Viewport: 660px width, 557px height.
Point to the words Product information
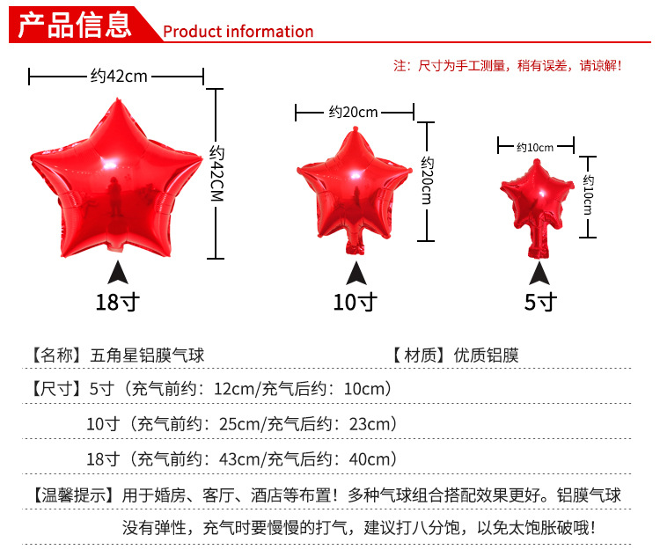pyautogui.click(x=238, y=32)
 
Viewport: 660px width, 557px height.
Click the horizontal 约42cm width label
pyautogui.click(x=119, y=77)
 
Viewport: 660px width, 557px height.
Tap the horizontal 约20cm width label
pyautogui.click(x=353, y=112)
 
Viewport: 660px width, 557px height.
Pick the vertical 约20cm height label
pyautogui.click(x=427, y=180)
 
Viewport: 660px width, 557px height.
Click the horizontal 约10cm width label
pyautogui.click(x=535, y=147)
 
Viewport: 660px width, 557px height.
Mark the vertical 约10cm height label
pyautogui.click(x=588, y=194)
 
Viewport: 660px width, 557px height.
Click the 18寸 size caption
pyautogui.click(x=117, y=302)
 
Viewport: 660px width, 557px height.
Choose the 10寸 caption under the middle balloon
pyautogui.click(x=355, y=302)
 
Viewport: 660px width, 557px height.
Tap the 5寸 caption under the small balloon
pyautogui.click(x=540, y=302)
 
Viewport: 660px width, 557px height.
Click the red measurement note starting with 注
pyautogui.click(x=508, y=66)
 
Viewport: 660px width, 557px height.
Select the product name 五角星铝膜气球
pyautogui.click(x=147, y=355)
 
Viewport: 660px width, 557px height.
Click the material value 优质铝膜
pyautogui.click(x=486, y=355)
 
